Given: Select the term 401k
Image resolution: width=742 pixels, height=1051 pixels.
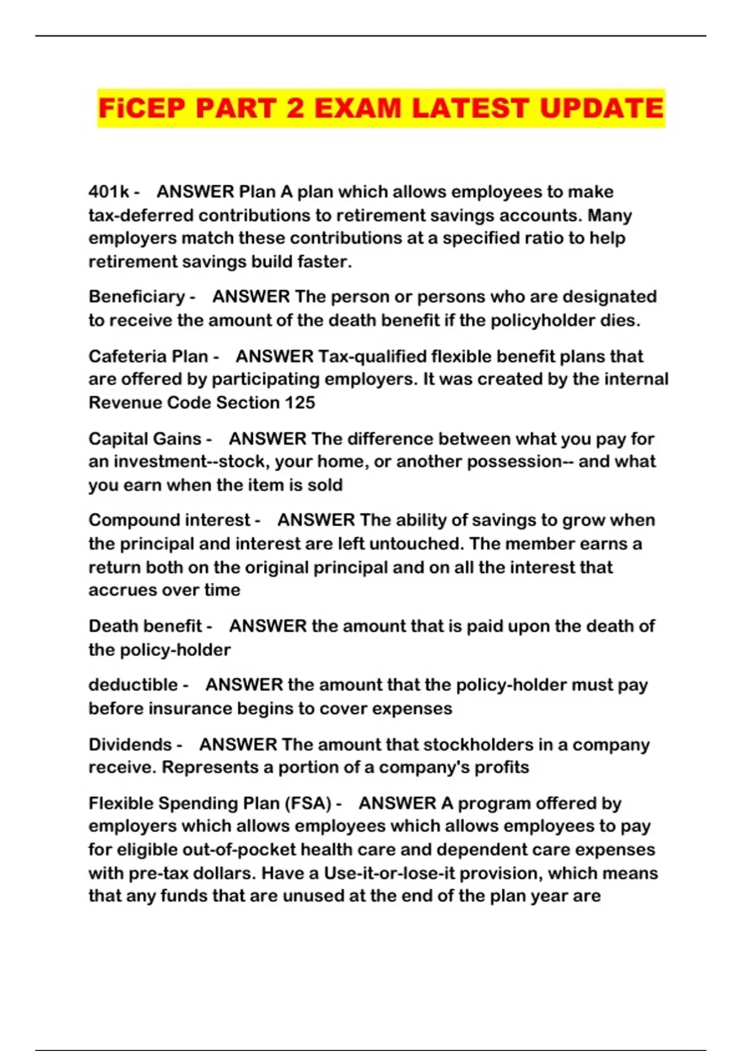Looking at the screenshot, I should (x=109, y=192).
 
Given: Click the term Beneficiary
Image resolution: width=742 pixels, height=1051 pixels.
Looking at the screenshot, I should (x=137, y=297).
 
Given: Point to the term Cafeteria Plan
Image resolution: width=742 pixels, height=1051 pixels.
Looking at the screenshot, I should (x=148, y=357).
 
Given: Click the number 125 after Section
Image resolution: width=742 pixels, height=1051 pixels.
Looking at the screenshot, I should (x=300, y=403).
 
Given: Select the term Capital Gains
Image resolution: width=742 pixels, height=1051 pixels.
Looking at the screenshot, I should (x=145, y=439).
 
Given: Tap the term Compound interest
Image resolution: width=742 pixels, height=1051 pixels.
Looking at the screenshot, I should (x=169, y=521).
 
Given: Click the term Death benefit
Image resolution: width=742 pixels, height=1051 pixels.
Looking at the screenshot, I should (x=145, y=626).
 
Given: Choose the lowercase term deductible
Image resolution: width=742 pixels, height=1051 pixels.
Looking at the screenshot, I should (x=133, y=685).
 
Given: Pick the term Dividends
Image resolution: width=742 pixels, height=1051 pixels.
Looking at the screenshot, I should (x=130, y=745).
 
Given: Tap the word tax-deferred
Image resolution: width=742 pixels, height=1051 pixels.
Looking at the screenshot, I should (x=141, y=216).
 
